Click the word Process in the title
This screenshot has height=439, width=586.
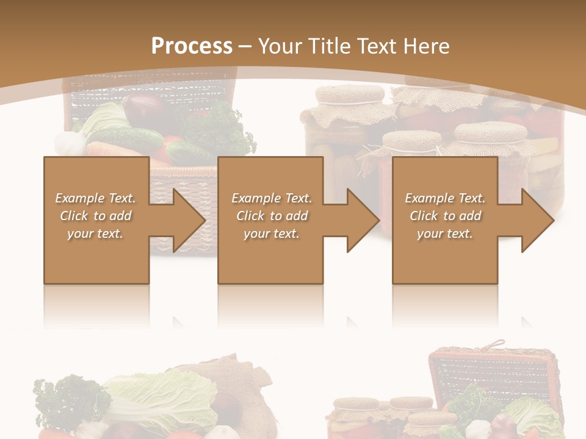pyautogui.click(x=192, y=46)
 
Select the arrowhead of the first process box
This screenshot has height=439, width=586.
pyautogui.click(x=187, y=220)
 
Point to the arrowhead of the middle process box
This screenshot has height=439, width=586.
pyautogui.click(x=361, y=220)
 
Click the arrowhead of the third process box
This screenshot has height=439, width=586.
pyautogui.click(x=536, y=220)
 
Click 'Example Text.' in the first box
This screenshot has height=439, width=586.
pyautogui.click(x=96, y=198)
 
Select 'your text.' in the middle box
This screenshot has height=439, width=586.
pyautogui.click(x=272, y=234)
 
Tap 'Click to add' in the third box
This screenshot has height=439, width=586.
pyautogui.click(x=445, y=216)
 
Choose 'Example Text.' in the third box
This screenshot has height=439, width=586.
pyautogui.click(x=445, y=198)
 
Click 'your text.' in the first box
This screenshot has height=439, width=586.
pyautogui.click(x=96, y=234)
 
